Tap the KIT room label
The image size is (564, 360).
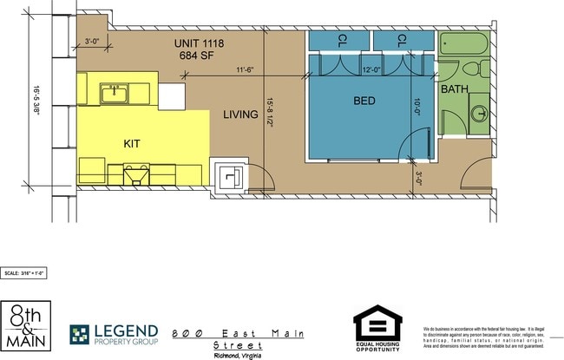132,143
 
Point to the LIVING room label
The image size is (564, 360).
240,115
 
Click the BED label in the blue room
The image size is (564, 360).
364,101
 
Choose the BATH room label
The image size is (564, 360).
454,89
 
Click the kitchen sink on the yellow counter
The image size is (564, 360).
115,93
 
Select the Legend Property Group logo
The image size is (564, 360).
115,333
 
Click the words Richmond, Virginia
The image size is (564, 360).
239,355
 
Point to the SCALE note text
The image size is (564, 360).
24,272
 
